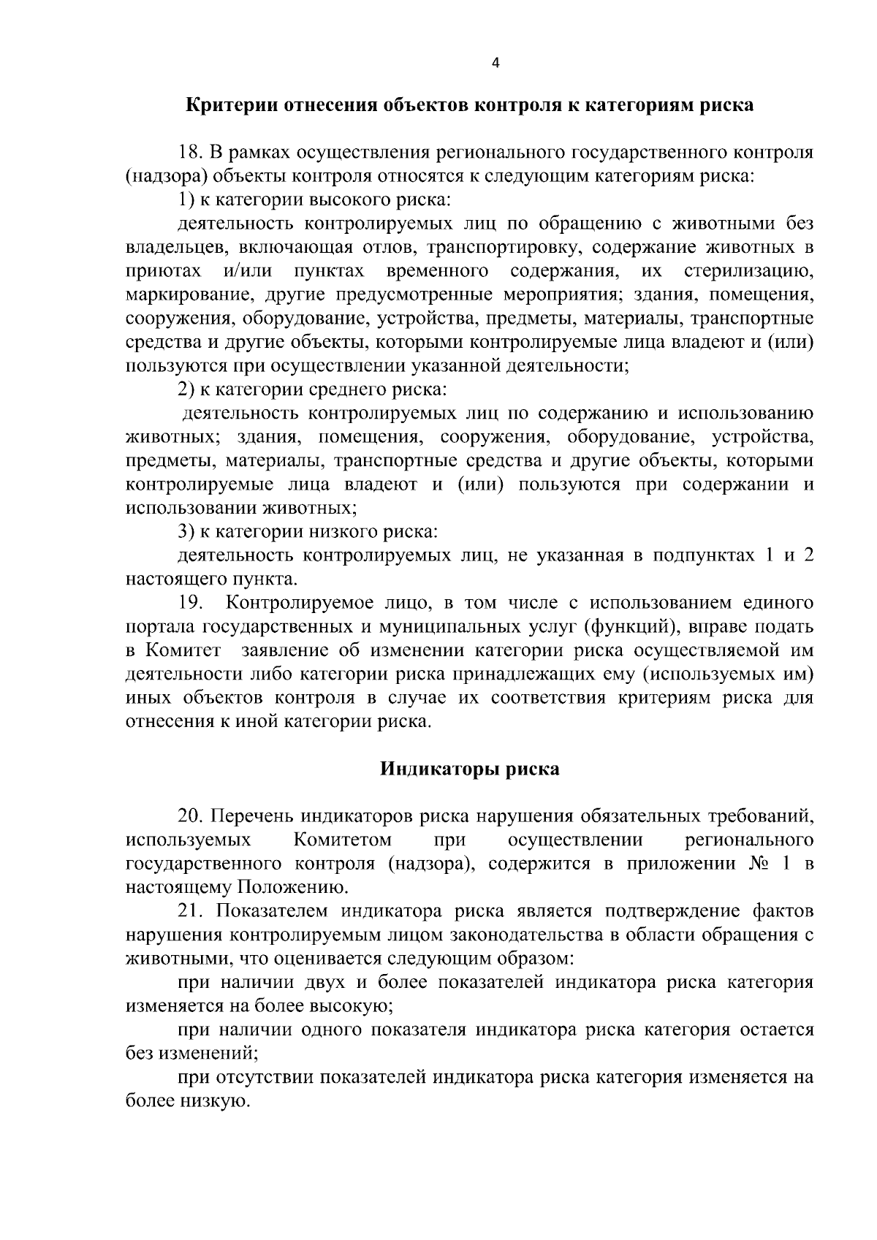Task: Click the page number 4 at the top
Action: [496, 64]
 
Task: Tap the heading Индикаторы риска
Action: [470, 769]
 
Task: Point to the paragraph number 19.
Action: [192, 603]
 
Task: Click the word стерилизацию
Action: [748, 272]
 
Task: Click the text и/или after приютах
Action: [247, 272]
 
